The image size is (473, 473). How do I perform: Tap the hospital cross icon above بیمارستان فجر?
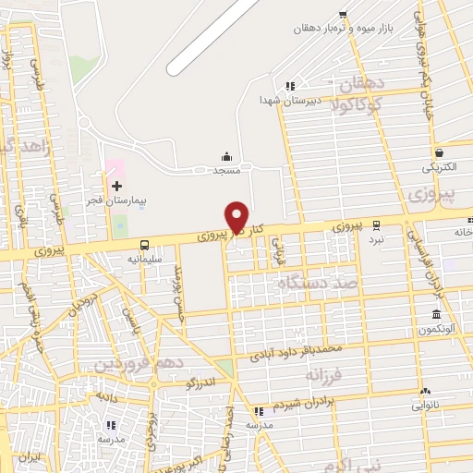[116, 187]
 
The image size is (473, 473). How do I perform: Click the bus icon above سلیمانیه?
[144, 246]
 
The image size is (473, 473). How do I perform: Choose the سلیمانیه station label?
[143, 260]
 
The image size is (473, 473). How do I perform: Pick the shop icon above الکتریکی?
[438, 153]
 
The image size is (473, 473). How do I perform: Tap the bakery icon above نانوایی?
[426, 392]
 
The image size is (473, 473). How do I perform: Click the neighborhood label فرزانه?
[331, 376]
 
